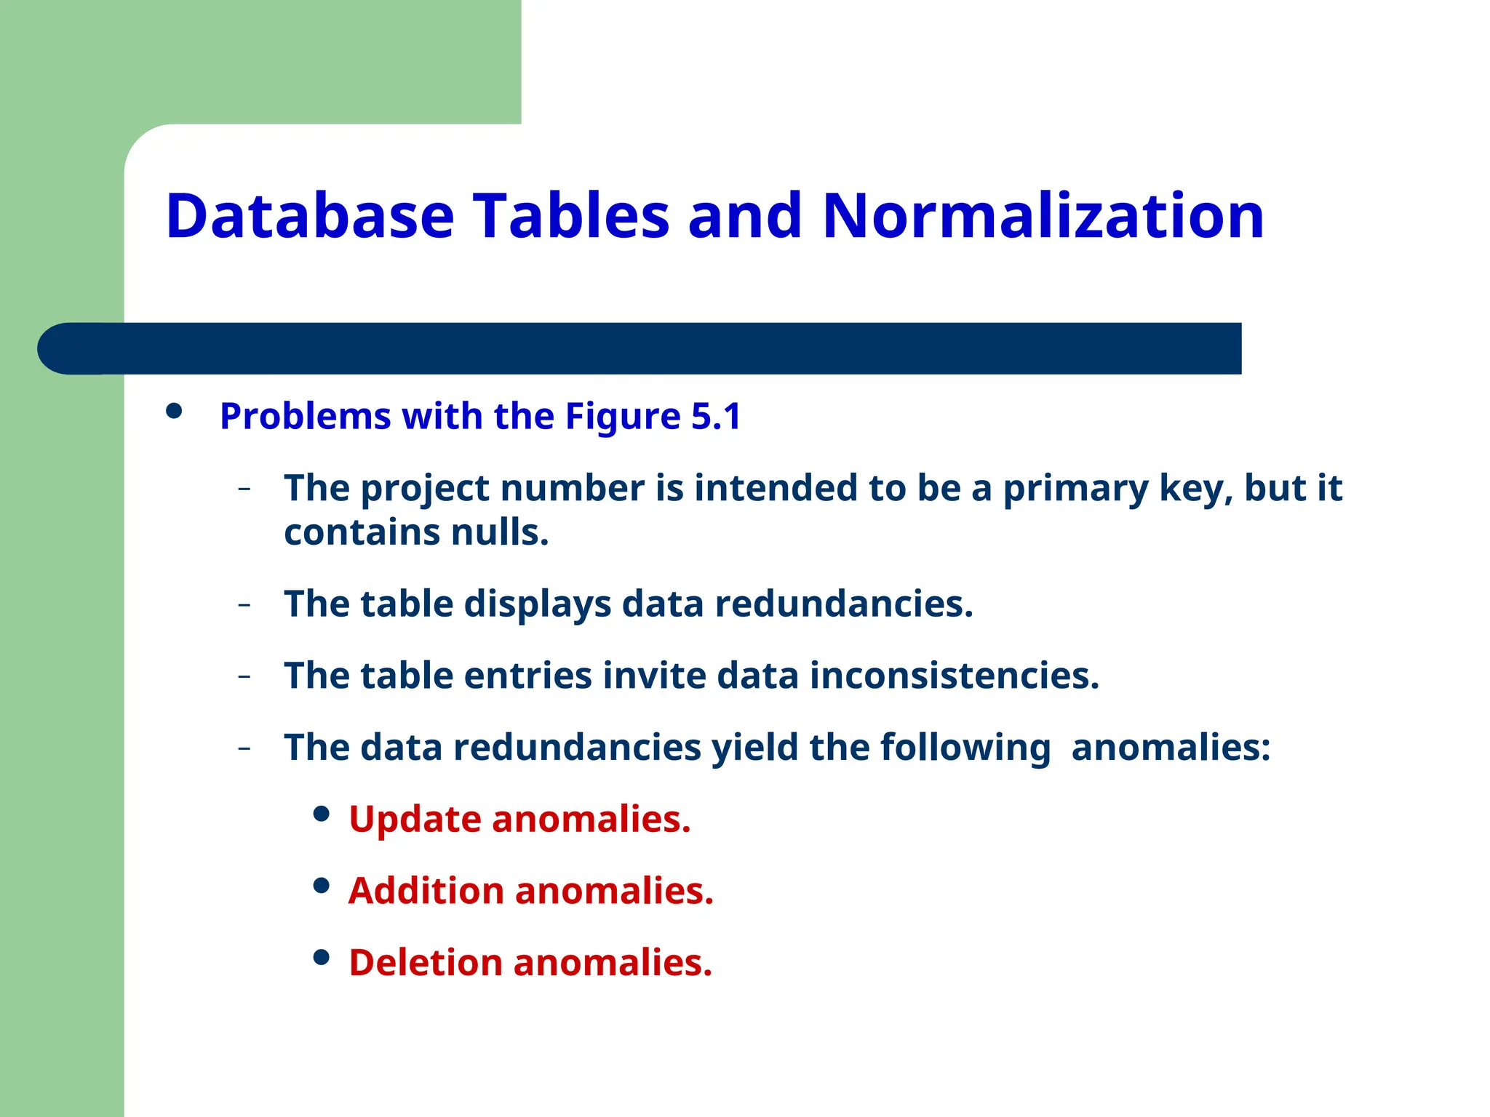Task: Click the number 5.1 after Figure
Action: [715, 416]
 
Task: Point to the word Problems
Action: [305, 417]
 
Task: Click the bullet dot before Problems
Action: [174, 412]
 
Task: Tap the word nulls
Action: [499, 532]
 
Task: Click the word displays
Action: [538, 605]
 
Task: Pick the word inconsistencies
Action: [953, 676]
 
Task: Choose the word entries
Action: [527, 676]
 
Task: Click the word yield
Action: [754, 748]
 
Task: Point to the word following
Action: [965, 748]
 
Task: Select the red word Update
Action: [415, 820]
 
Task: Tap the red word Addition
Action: [426, 891]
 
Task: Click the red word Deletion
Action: [426, 963]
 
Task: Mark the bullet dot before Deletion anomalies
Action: [321, 957]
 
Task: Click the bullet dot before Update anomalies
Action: [321, 814]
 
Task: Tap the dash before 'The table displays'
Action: [244, 604]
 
